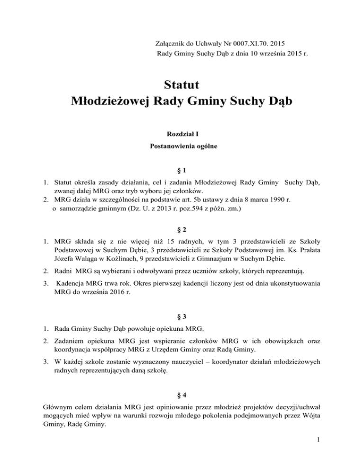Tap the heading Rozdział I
(x=182, y=135)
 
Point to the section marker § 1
(x=182, y=170)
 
